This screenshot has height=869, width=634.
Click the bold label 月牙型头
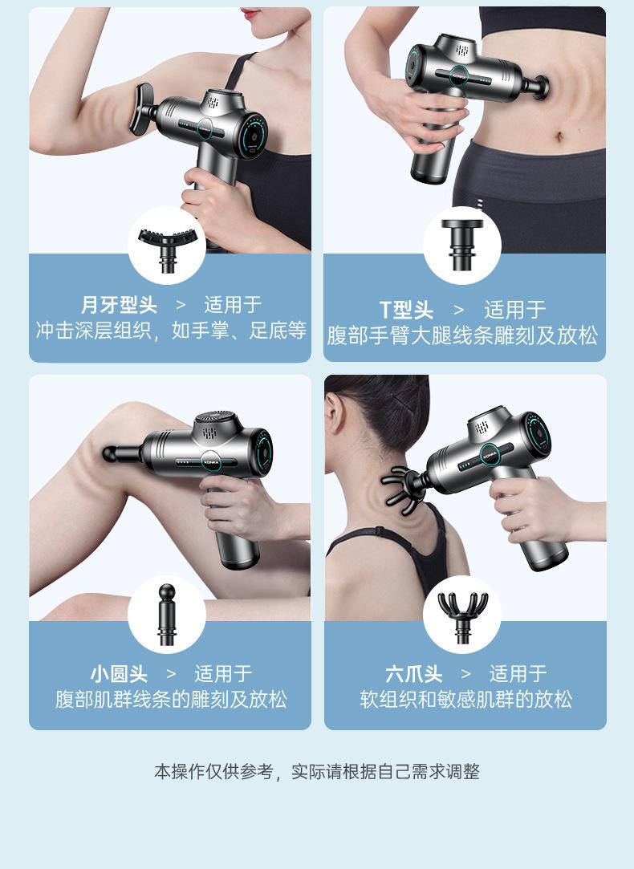(119, 305)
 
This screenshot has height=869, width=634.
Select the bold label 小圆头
(119, 674)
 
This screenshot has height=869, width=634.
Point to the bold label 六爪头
(414, 674)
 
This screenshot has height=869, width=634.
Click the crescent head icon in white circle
(167, 246)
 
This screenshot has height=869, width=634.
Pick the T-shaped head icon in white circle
(462, 244)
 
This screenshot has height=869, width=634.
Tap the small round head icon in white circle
(167, 614)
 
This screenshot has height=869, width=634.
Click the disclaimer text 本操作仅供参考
(213, 771)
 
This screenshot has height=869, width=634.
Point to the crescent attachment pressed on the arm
(142, 109)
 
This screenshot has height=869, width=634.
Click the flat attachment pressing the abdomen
(536, 87)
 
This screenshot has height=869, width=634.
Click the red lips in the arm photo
(251, 14)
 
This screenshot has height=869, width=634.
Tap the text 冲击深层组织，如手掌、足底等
(171, 331)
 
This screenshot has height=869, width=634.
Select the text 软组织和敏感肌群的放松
(465, 700)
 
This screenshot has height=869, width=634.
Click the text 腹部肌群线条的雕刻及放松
(171, 700)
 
